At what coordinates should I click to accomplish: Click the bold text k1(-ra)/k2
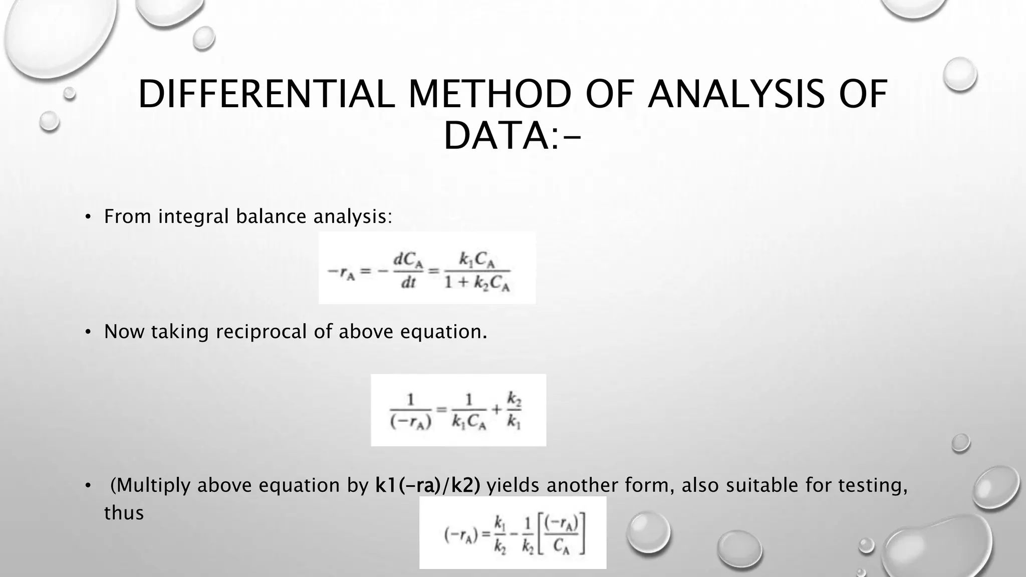click(x=428, y=485)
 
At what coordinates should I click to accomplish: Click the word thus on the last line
click(x=124, y=513)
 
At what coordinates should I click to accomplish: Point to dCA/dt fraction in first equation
click(x=408, y=271)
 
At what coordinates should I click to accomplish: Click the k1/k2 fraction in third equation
click(x=500, y=534)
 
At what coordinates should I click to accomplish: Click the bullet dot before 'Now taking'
click(x=88, y=332)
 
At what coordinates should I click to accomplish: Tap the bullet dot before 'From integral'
click(x=88, y=217)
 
